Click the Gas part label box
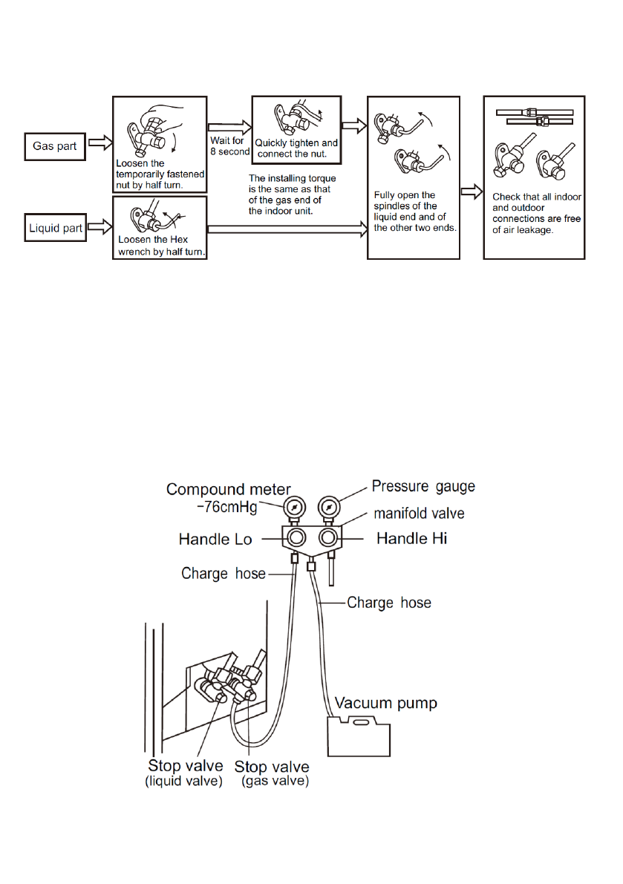coord(55,146)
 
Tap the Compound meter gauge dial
coord(294,507)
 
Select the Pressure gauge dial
coord(328,507)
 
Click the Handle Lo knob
coord(295,538)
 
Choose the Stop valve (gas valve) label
coord(272,773)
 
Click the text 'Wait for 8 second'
coord(228,146)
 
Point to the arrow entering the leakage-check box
coord(470,193)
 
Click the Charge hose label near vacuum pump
coord(389,603)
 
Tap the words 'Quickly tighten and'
coord(296,143)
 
